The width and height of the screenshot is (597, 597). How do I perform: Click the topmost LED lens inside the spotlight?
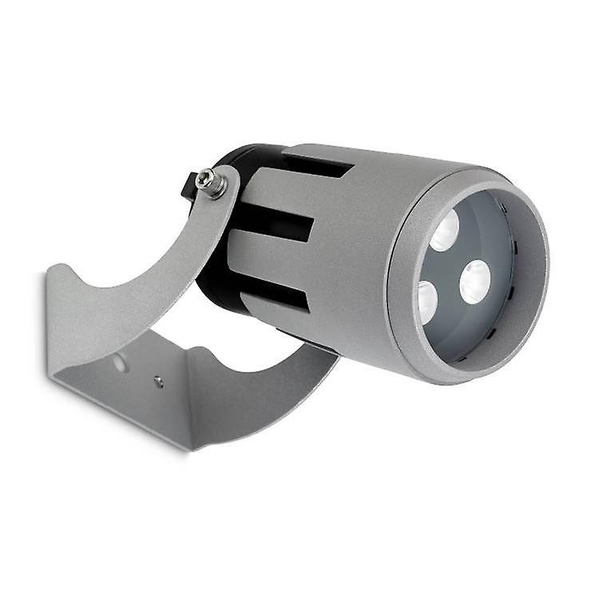click(x=445, y=232)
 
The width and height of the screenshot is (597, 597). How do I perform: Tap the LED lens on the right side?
click(x=475, y=282)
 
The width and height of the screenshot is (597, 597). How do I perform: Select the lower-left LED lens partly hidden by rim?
click(x=427, y=302)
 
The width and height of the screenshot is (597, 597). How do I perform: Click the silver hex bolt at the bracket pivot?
click(x=212, y=183)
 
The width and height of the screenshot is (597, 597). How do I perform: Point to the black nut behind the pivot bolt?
click(x=190, y=185)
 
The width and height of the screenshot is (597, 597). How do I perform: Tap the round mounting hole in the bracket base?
click(x=119, y=364)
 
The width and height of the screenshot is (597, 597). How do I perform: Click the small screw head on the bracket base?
click(x=158, y=382)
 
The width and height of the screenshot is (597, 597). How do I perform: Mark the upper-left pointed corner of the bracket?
click(x=50, y=273)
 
